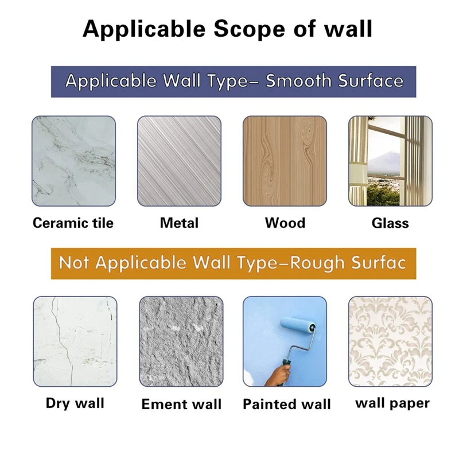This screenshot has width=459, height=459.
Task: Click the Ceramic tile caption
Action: [73, 223]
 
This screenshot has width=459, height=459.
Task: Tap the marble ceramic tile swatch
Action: [74, 161]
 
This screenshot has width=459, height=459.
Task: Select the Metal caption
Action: [179, 223]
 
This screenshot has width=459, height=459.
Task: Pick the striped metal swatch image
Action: [179, 161]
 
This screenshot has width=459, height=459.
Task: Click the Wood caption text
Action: [285, 223]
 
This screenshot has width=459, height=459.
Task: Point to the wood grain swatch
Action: [285, 161]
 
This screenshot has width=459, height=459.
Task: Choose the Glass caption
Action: [390, 223]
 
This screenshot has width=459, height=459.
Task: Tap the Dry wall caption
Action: [75, 403]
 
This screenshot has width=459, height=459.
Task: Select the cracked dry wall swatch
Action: [75, 341]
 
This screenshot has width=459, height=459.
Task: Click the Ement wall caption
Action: [181, 404]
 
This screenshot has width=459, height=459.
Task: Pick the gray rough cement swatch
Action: [181, 341]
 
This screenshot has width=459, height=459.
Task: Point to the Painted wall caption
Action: [287, 404]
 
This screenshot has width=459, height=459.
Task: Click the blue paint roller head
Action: [298, 325]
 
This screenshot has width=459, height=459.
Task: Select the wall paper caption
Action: [392, 403]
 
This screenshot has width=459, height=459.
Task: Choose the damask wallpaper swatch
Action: [391, 341]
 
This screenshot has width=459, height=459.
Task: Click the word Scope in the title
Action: [249, 29]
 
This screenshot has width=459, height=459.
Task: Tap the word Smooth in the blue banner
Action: [298, 81]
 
